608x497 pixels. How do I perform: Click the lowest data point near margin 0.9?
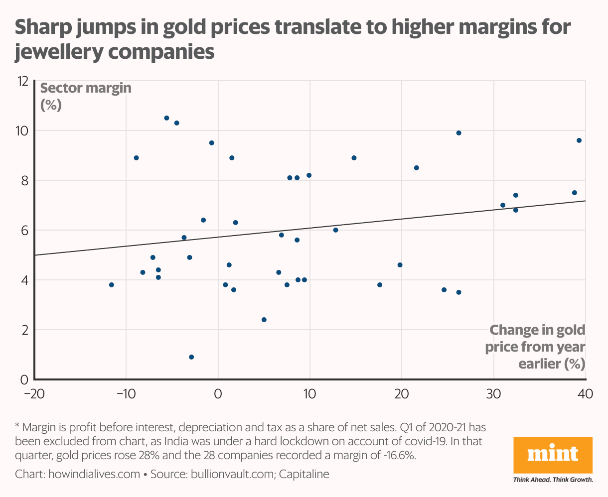[191, 357]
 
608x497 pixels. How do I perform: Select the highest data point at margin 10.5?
[166, 118]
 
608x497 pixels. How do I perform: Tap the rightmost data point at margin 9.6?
[579, 140]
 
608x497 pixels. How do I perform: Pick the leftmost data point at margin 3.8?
[112, 285]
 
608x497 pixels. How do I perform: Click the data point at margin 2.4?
[264, 320]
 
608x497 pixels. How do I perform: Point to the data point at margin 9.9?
[458, 133]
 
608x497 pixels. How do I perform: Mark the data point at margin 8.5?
[417, 168]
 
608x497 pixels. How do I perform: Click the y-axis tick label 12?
[22, 81]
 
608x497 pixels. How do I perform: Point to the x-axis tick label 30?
[493, 393]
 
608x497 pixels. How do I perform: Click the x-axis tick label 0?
[218, 393]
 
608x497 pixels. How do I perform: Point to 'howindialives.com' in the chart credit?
[94, 474]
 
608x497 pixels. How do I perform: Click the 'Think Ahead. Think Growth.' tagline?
[553, 480]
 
